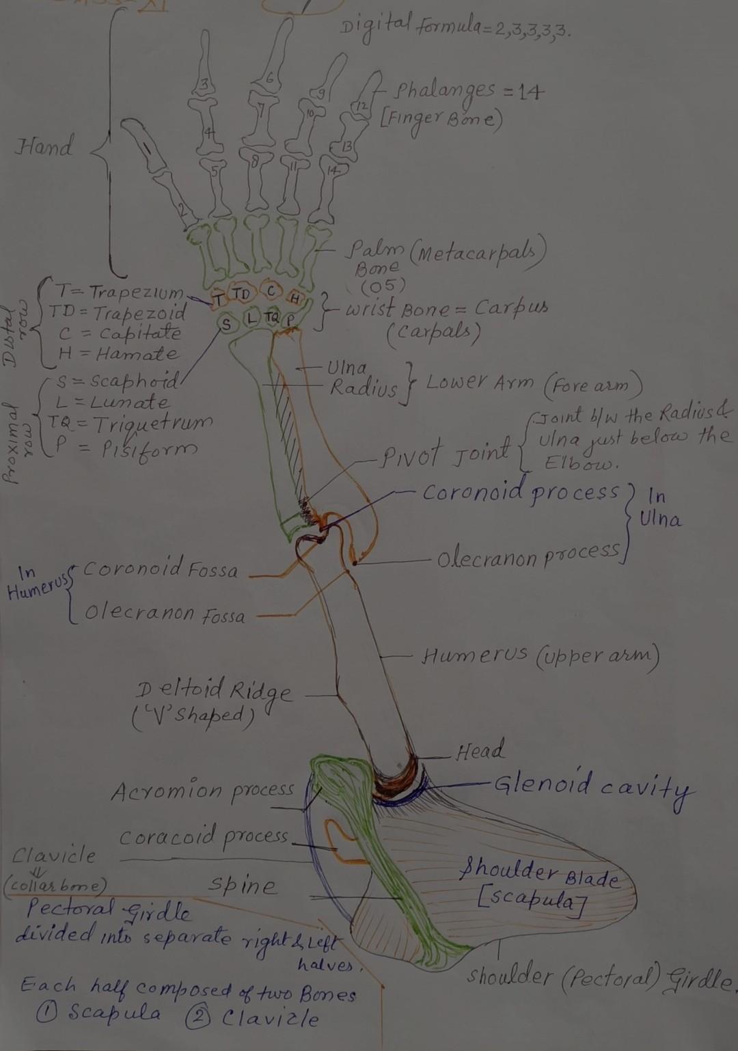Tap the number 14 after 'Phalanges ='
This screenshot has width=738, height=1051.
[x=525, y=91]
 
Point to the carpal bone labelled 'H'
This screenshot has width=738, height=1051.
[x=295, y=299]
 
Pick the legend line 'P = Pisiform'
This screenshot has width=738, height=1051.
[x=126, y=449]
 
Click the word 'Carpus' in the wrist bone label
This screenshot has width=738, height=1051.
[x=511, y=308]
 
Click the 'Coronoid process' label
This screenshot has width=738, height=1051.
[x=521, y=492]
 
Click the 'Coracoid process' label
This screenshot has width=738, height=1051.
[x=204, y=836]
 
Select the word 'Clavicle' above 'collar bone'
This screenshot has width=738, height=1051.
[x=55, y=855]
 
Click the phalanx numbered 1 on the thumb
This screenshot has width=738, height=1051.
[x=147, y=146]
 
